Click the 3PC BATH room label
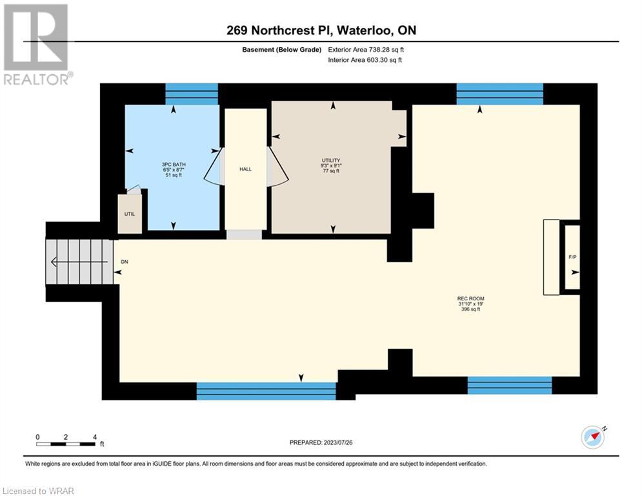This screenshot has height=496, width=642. coord(174,165)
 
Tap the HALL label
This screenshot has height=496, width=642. coord(246,169)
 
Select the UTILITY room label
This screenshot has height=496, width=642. coord(331,160)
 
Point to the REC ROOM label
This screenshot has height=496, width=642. coord(471,298)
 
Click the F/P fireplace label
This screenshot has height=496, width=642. coord(572,257)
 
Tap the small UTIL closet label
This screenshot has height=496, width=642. coord(130,214)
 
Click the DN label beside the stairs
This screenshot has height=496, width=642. coord(125,262)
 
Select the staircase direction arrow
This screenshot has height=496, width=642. coord(79,262)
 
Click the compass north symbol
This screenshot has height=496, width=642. coord(593,437)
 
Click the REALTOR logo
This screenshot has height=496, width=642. coord(37,45)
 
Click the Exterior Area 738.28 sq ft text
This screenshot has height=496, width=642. coord(366,50)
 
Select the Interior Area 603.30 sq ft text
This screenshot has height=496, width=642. coord(365,60)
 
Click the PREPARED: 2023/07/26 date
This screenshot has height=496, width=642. coord(321,442)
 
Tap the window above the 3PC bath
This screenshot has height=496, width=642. coord(192,94)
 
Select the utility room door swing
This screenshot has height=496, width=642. coord(278,166)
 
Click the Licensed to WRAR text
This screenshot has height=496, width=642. coord(38,491)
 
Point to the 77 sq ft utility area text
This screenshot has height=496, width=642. coord(331,171)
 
